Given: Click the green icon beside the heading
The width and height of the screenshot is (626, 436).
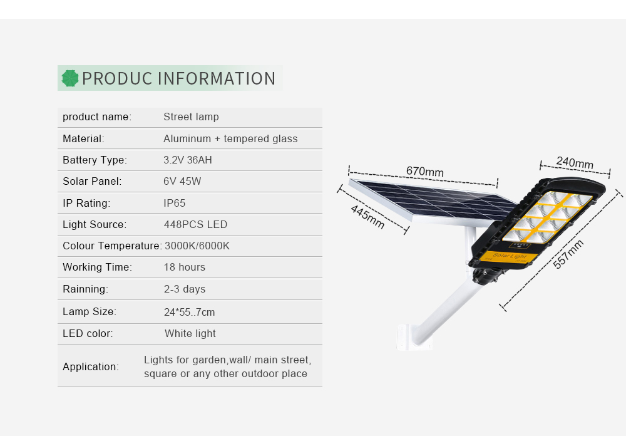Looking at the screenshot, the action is [x=70, y=78].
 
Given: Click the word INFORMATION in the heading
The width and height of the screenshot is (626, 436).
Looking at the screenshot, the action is [x=217, y=78].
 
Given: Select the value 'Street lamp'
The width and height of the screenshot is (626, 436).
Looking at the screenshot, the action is [x=191, y=117].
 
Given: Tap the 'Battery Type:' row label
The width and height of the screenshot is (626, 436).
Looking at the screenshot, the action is [x=95, y=160].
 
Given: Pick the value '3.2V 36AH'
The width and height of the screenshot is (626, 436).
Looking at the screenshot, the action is [x=188, y=160].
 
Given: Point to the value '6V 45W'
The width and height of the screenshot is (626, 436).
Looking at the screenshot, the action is [x=182, y=182].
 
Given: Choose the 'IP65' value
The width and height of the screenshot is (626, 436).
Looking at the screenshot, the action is [x=175, y=203].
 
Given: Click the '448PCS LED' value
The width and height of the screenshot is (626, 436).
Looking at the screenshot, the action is [x=195, y=224].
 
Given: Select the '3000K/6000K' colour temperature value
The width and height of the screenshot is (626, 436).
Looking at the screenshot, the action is [x=197, y=246].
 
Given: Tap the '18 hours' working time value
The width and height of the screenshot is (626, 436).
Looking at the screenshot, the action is [x=185, y=267].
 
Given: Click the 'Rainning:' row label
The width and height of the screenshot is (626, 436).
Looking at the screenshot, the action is [x=85, y=289].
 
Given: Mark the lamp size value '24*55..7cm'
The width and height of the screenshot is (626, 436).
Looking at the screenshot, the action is [x=189, y=312].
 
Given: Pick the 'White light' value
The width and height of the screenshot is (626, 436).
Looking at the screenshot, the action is [x=190, y=333].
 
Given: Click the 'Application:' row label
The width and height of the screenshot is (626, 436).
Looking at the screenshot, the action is [x=91, y=366].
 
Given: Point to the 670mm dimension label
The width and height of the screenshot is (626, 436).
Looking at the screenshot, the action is [x=425, y=172].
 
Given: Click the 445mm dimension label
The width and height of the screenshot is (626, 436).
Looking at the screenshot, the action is [x=367, y=217].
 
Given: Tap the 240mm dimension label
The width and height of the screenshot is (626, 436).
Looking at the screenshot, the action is [x=575, y=162].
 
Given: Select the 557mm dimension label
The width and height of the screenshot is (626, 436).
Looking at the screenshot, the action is [x=568, y=254].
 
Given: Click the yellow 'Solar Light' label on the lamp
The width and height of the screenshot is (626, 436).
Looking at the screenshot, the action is [x=508, y=256].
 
